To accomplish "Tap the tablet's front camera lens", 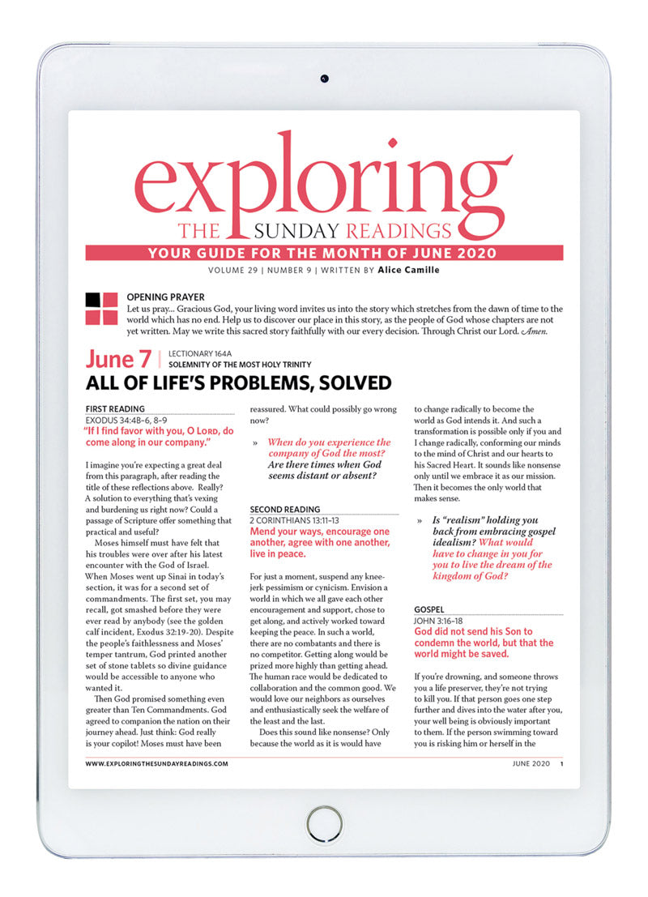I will tap(324, 79).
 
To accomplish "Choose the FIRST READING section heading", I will tap(115, 409).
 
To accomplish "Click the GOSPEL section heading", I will tap(430, 608).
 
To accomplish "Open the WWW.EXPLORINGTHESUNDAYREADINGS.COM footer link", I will tap(156, 763).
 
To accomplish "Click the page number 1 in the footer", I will tap(561, 763).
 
